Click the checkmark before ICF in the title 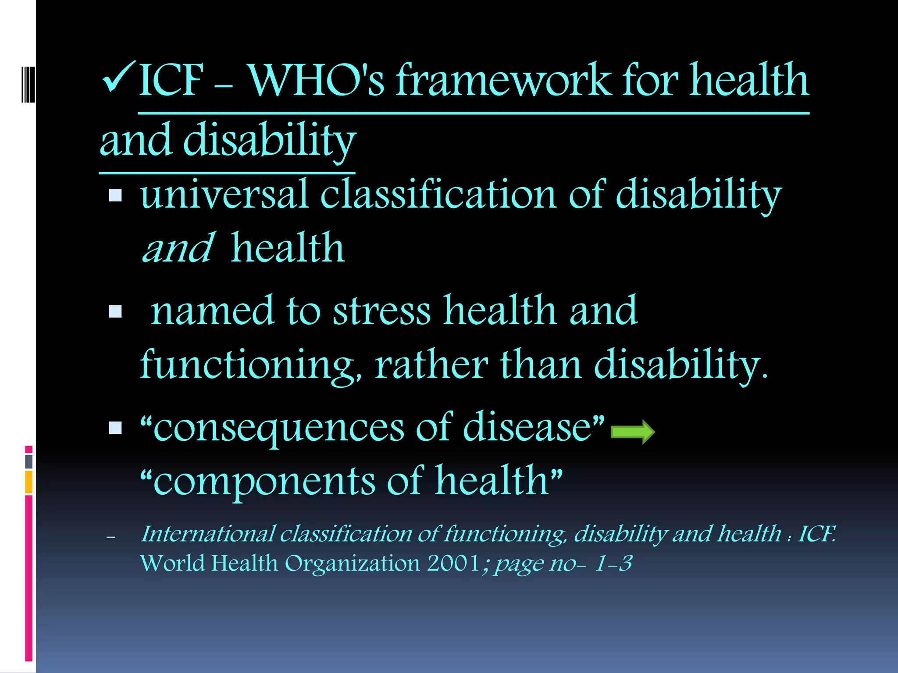coord(118,78)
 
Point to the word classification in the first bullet coord(438,195)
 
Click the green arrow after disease coord(633,432)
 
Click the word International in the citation coord(208,534)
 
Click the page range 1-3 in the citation coord(613,563)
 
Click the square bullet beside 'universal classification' coord(115,195)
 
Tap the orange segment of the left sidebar coord(29,482)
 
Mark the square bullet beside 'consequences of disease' coord(115,428)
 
